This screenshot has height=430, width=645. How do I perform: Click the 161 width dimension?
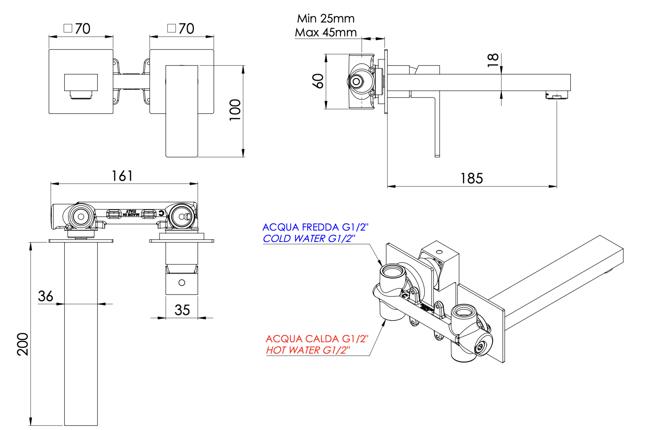click(122, 176)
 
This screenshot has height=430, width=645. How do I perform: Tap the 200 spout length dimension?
click(23, 344)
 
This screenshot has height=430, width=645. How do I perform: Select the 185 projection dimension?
click(471, 178)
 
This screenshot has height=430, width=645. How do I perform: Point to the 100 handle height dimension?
click(235, 110)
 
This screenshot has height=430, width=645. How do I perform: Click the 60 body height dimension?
click(318, 81)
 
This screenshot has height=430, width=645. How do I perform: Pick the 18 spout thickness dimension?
click(493, 60)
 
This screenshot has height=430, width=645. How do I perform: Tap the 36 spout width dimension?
click(45, 296)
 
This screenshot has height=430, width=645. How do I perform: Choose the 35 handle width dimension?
click(182, 310)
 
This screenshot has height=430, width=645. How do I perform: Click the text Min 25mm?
click(326, 18)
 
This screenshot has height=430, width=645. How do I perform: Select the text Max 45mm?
click(326, 32)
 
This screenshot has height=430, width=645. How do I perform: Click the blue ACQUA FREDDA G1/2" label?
click(315, 227)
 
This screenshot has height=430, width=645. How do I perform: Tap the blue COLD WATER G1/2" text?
click(309, 238)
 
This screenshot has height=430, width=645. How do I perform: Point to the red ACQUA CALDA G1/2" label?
click(317, 339)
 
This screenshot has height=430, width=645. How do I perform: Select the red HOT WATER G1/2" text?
click(308, 350)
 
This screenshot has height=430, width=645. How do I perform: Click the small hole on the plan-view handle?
click(182, 283)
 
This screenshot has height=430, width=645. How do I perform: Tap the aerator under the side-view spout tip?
click(557, 96)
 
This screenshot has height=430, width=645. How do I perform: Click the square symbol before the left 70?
click(68, 28)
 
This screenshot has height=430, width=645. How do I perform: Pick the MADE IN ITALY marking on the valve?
click(131, 213)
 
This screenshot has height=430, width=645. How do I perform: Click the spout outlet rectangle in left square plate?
click(81, 82)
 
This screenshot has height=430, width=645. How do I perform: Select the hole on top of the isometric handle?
click(439, 252)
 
